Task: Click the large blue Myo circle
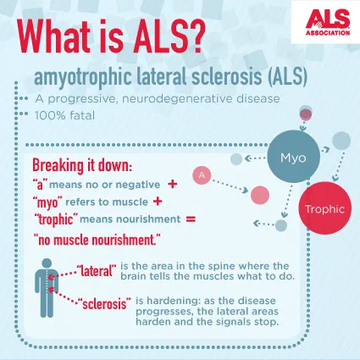pyautogui.click(x=294, y=157)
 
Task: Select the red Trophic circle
pyautogui.click(x=325, y=208)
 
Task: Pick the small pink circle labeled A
pyautogui.click(x=202, y=175)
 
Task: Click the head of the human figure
pyautogui.click(x=47, y=263)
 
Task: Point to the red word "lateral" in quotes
pyautogui.click(x=97, y=271)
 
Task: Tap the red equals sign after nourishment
pyautogui.click(x=191, y=219)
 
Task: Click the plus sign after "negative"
pyautogui.click(x=172, y=184)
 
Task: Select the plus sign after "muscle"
pyautogui.click(x=158, y=202)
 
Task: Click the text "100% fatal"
pyautogui.click(x=65, y=116)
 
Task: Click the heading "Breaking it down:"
pyautogui.click(x=82, y=165)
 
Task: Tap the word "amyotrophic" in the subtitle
pyautogui.click(x=83, y=76)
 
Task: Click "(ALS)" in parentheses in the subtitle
pyautogui.click(x=287, y=76)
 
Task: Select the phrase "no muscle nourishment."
pyautogui.click(x=97, y=240)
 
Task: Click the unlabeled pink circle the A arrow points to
pyautogui.click(x=260, y=195)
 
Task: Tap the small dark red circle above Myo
pyautogui.click(x=306, y=114)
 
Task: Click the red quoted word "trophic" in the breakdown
pyautogui.click(x=58, y=219)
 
